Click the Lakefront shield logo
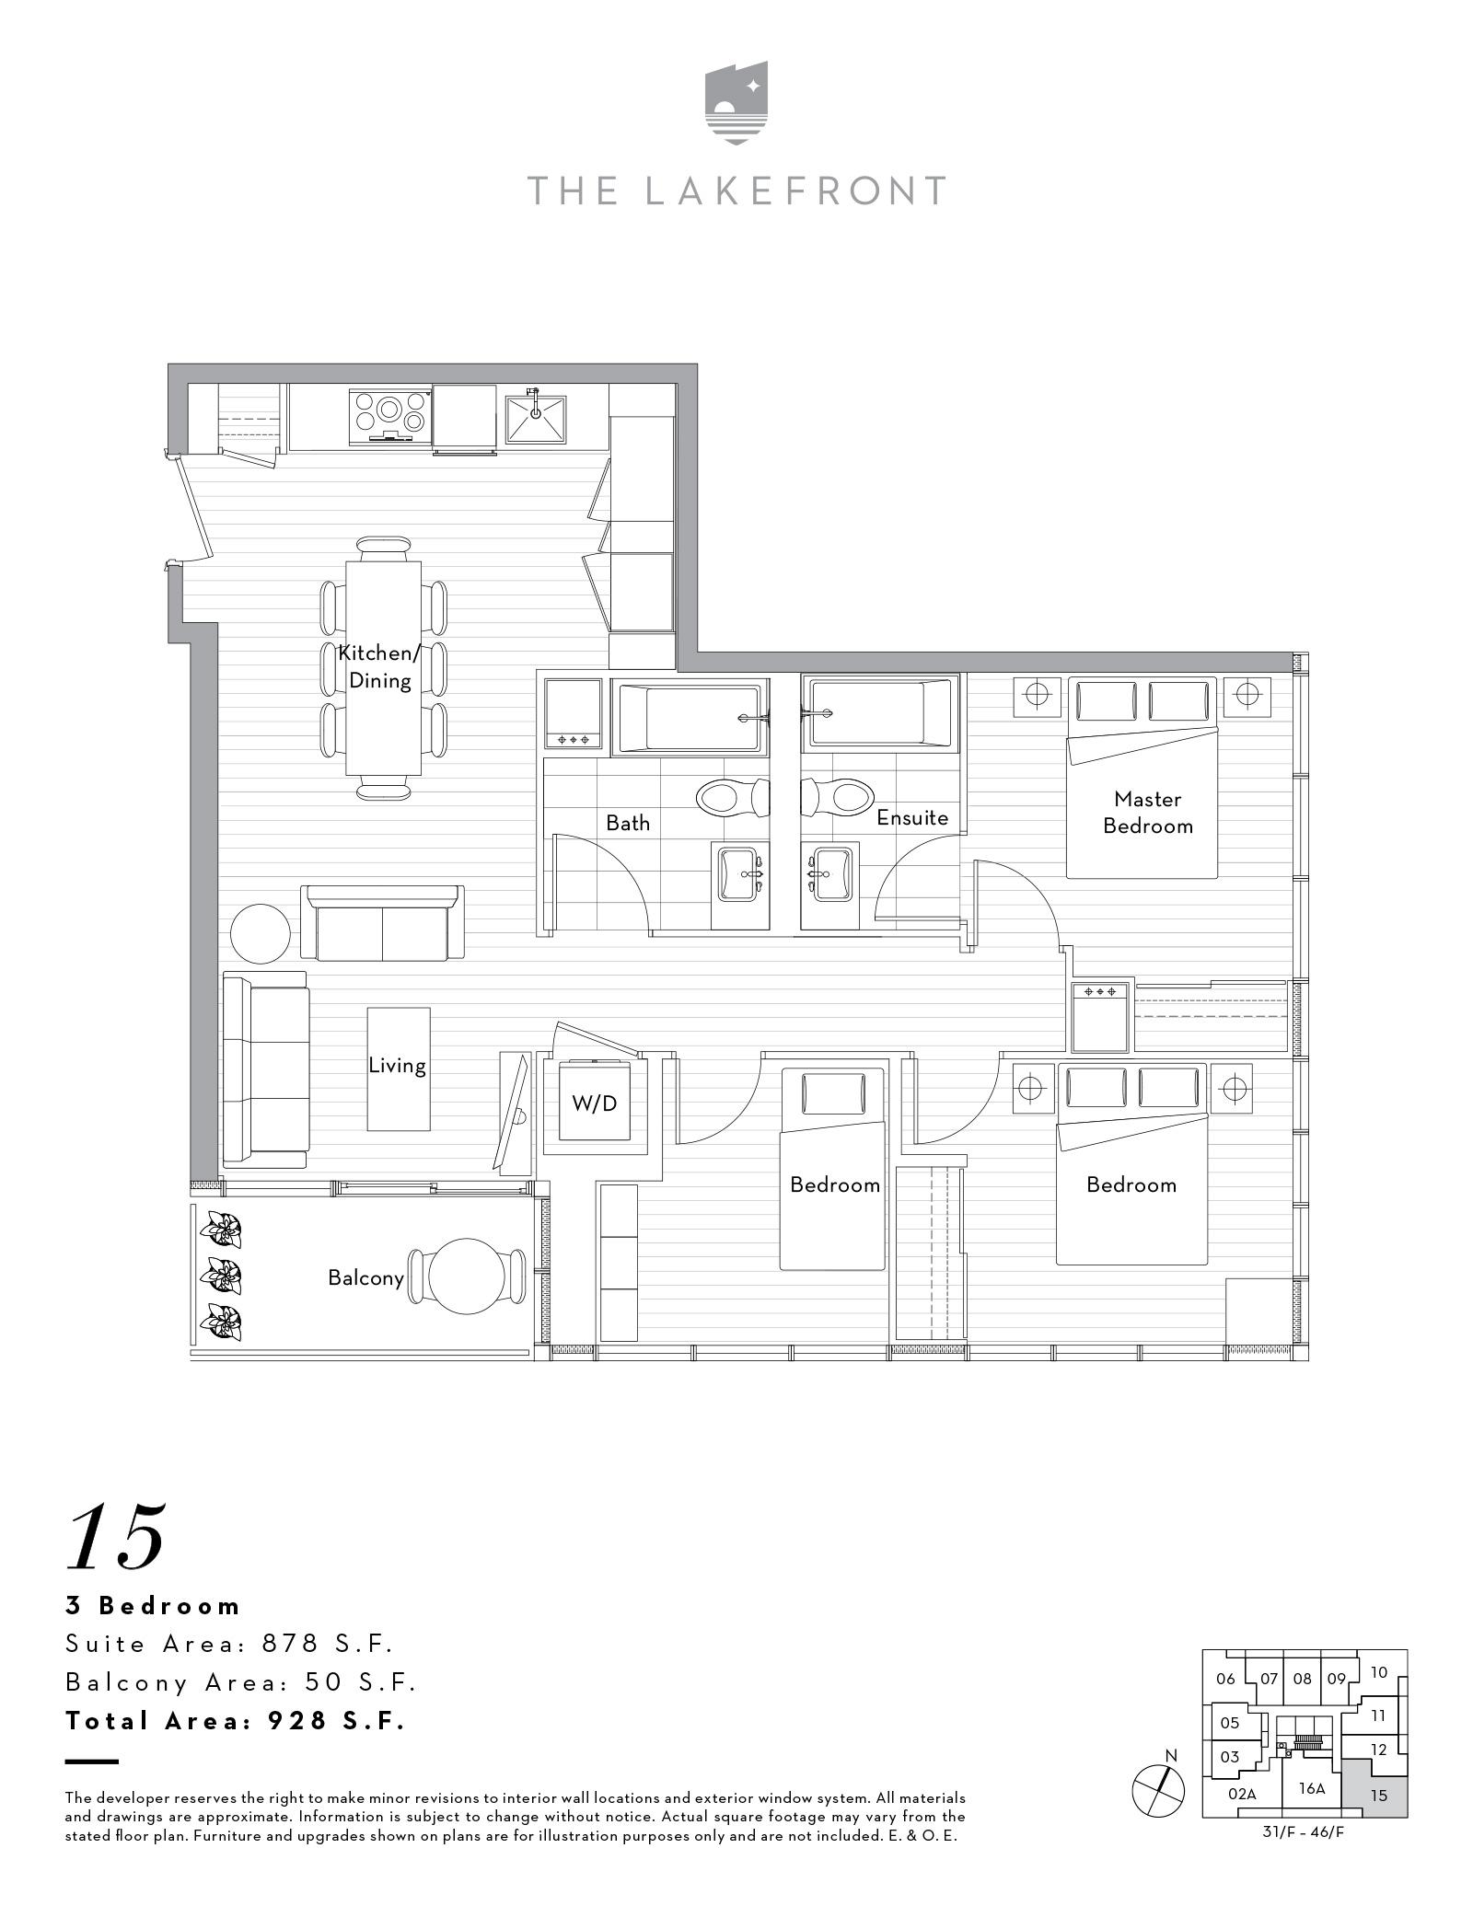pos(736,102)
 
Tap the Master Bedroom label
pos(1147,813)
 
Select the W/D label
pos(595,1103)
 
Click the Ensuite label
pos(911,817)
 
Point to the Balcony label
pos(365,1277)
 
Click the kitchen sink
pos(535,420)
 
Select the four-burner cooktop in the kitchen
pos(390,415)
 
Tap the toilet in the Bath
pos(732,797)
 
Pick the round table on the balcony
pos(467,1276)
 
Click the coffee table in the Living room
pos(399,1069)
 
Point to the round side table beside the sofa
pos(261,933)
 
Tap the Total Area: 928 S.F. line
pos(236,1720)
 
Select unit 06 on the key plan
pos(1225,1678)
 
